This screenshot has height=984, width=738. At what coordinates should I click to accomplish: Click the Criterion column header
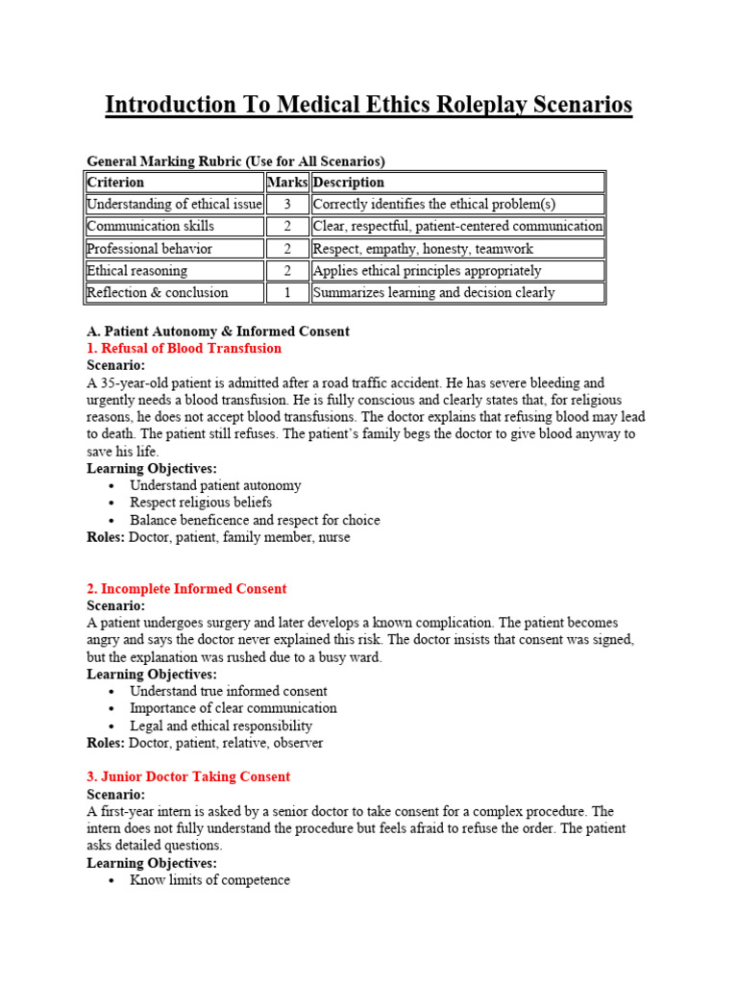click(115, 182)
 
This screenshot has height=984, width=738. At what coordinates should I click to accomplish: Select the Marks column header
click(286, 182)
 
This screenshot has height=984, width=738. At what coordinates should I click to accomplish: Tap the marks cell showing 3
click(286, 204)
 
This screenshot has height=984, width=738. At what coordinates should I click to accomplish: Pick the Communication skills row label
click(151, 226)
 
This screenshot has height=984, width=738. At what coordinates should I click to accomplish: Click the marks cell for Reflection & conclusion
click(286, 292)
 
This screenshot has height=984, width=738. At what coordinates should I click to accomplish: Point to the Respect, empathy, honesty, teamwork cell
click(426, 248)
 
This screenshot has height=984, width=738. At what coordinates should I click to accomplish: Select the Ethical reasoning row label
click(137, 270)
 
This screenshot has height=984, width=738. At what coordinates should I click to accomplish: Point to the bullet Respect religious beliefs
click(201, 502)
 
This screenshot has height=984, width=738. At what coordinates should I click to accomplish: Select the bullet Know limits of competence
click(209, 879)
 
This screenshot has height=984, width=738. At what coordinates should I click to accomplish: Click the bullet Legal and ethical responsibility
click(221, 726)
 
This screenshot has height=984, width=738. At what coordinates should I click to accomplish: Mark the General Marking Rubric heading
click(235, 160)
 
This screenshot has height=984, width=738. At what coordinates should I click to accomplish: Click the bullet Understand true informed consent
click(228, 691)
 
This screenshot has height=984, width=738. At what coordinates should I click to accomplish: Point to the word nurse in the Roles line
click(332, 537)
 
